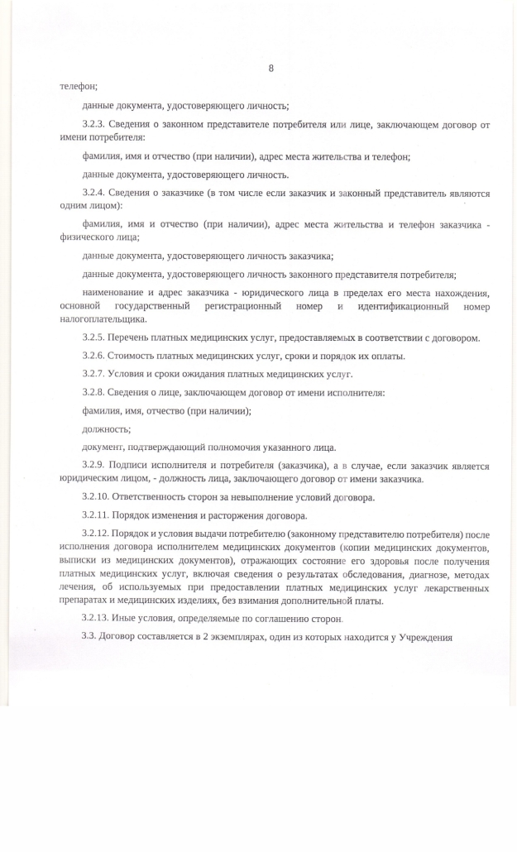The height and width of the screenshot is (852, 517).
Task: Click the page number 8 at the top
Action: tap(270, 69)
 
